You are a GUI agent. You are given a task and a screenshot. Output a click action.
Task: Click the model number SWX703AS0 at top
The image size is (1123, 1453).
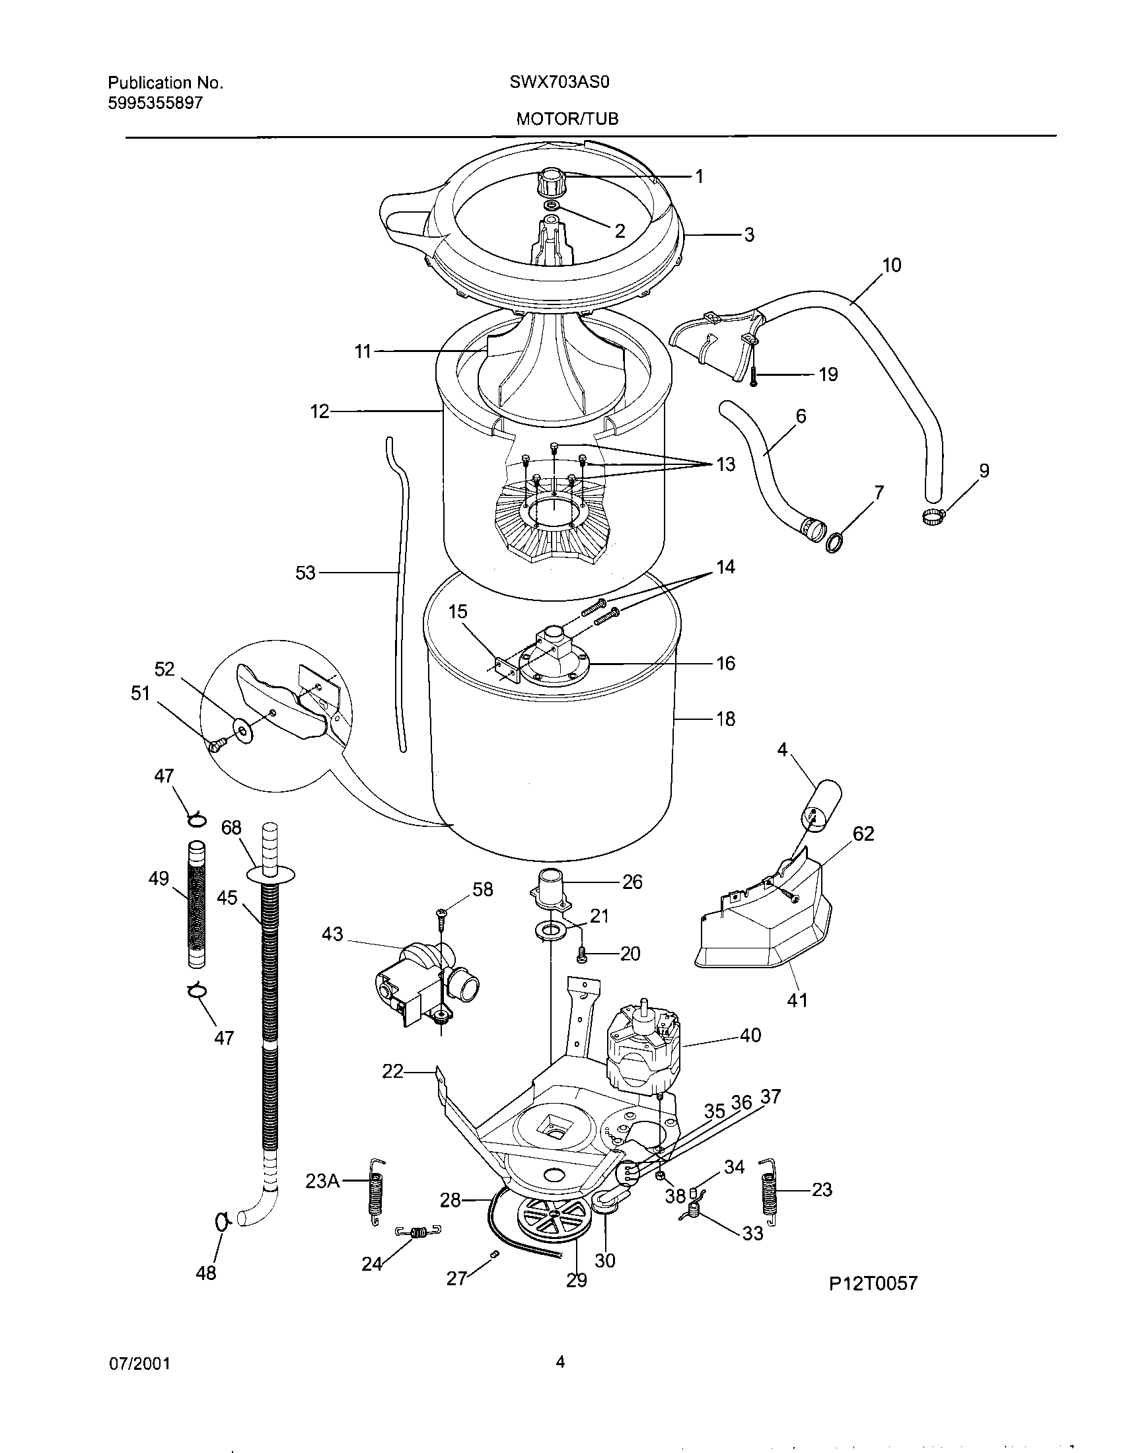[560, 83]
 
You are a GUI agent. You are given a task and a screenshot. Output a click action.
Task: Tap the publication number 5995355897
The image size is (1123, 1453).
[155, 103]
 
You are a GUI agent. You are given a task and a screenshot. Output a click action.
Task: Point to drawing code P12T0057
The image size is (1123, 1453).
[873, 1283]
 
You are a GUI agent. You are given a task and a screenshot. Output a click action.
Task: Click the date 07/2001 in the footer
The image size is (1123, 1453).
[139, 1363]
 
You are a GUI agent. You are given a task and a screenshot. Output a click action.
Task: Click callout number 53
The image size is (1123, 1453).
[305, 573]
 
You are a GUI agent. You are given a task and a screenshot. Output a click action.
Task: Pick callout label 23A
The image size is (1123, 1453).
[322, 1182]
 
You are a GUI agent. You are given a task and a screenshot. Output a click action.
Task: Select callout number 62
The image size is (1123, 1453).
[863, 833]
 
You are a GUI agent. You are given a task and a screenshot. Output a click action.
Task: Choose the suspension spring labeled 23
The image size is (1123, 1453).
[770, 1191]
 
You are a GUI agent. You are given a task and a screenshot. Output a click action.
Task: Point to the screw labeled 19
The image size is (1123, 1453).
[754, 376]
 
